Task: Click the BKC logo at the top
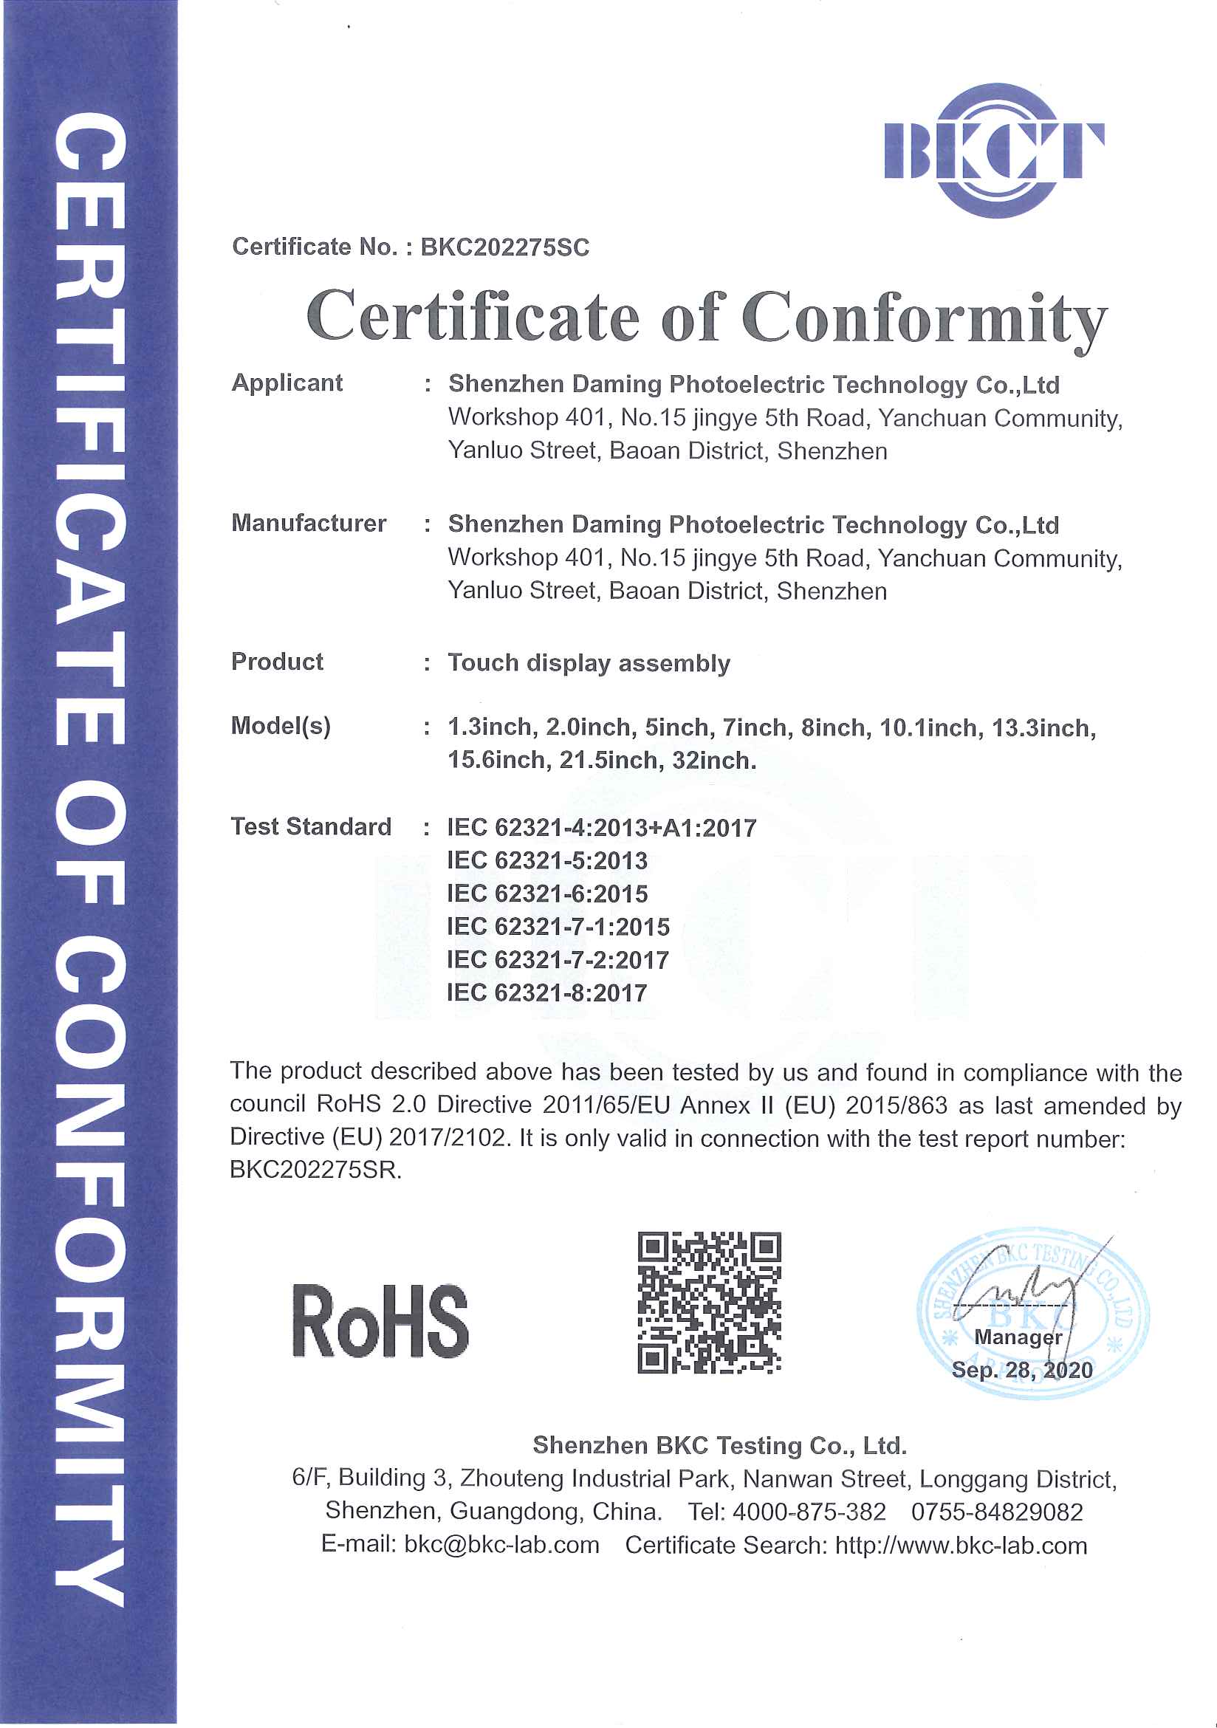click(x=993, y=151)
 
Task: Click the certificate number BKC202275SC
click(x=504, y=247)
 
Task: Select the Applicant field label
click(x=287, y=383)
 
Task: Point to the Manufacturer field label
click(x=309, y=523)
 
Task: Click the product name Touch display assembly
click(x=589, y=663)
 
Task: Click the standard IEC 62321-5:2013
click(x=547, y=860)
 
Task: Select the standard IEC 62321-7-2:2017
click(x=558, y=959)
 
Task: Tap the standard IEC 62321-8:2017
click(x=547, y=992)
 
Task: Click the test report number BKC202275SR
click(x=315, y=1170)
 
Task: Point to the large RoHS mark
click(x=380, y=1322)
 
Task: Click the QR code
click(x=709, y=1303)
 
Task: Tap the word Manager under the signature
click(x=1018, y=1337)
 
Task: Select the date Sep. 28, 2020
click(x=1021, y=1370)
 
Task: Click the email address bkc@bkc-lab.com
click(x=501, y=1545)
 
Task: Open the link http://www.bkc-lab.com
click(x=961, y=1545)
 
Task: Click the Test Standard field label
click(x=311, y=826)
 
